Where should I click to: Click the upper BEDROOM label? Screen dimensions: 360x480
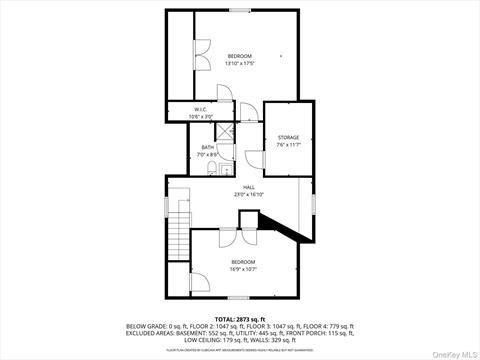[239, 55]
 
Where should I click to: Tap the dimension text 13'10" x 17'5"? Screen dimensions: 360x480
[239, 63]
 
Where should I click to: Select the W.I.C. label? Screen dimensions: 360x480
[201, 110]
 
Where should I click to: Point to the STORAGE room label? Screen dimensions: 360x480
[288, 137]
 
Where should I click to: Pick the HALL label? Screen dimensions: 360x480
[248, 187]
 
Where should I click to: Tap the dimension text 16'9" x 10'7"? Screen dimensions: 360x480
[244, 268]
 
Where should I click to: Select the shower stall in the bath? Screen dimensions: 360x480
[225, 133]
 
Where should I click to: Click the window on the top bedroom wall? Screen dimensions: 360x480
[240, 11]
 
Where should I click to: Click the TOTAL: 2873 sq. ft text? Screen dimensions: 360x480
[239, 318]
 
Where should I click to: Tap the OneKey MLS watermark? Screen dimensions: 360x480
[454, 350]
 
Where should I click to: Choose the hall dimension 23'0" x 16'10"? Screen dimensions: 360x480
[248, 194]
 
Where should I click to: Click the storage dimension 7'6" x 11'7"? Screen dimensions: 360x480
[288, 144]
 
